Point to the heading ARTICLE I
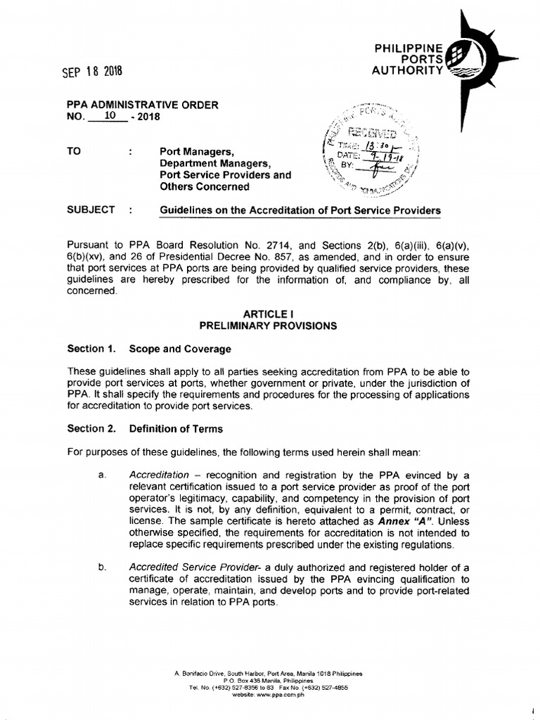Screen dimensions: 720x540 click(268, 314)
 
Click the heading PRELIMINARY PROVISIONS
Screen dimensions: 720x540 click(268, 326)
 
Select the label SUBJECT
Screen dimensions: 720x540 click(91, 210)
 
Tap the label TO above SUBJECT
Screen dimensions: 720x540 click(74, 150)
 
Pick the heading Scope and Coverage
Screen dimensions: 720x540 click(180, 348)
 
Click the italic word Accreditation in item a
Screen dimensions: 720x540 click(160, 475)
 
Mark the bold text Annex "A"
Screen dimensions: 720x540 click(406, 521)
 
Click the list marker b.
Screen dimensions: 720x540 click(102, 567)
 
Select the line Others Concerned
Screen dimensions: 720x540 click(205, 186)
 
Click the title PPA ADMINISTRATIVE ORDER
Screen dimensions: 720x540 click(143, 105)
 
